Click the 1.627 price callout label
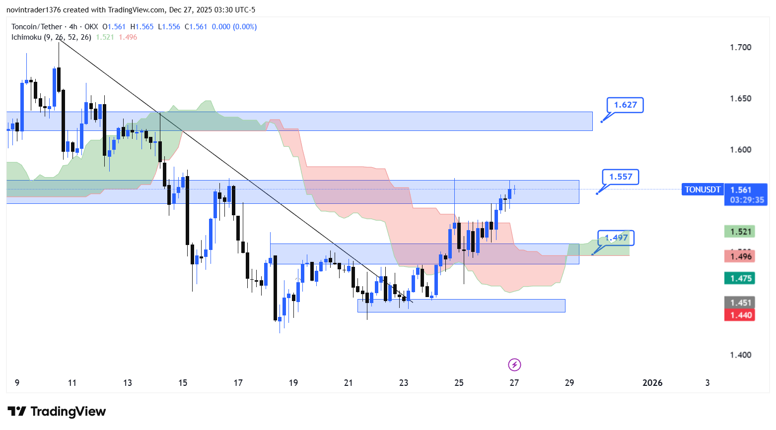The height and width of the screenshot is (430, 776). (625, 105)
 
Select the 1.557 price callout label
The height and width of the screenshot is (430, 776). (621, 177)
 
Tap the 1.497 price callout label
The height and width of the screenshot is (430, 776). (616, 238)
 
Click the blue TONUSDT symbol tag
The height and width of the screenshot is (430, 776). (703, 189)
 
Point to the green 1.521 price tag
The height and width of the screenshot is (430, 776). (740, 232)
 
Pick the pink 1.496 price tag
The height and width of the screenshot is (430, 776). (740, 256)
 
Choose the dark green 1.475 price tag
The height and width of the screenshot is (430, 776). (740, 278)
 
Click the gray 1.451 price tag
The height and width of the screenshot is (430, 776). (740, 303)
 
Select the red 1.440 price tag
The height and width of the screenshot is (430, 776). (740, 315)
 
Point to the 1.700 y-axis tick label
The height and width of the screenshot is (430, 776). (740, 48)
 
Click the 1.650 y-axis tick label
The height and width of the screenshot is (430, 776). (740, 99)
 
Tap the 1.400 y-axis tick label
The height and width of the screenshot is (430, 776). (740, 355)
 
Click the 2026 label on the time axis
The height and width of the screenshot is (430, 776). (652, 383)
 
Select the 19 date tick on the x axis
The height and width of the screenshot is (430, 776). (293, 383)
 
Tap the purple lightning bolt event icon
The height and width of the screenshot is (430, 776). (514, 365)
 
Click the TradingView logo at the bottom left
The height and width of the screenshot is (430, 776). (57, 412)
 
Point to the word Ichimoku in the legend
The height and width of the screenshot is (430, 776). (26, 37)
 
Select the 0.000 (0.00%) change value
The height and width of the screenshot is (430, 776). (234, 27)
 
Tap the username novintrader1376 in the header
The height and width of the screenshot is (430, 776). (34, 10)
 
